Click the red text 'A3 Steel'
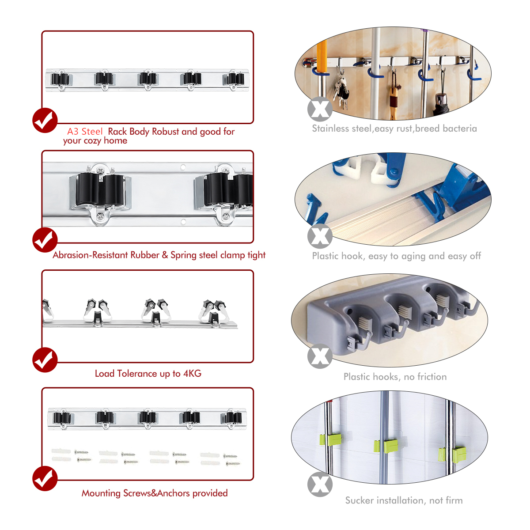click(85, 132)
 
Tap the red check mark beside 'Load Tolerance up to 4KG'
click(45, 360)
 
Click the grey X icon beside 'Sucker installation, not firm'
click(320, 485)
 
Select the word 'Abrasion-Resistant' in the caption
click(91, 255)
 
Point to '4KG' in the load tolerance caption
click(192, 373)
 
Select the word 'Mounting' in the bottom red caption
click(101, 493)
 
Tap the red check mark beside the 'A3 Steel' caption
click(45, 120)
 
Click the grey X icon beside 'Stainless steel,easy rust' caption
click(320, 109)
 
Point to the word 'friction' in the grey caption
click(432, 377)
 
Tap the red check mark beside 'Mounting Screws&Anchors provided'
click(45, 479)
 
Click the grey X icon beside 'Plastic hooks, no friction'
click(320, 356)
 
